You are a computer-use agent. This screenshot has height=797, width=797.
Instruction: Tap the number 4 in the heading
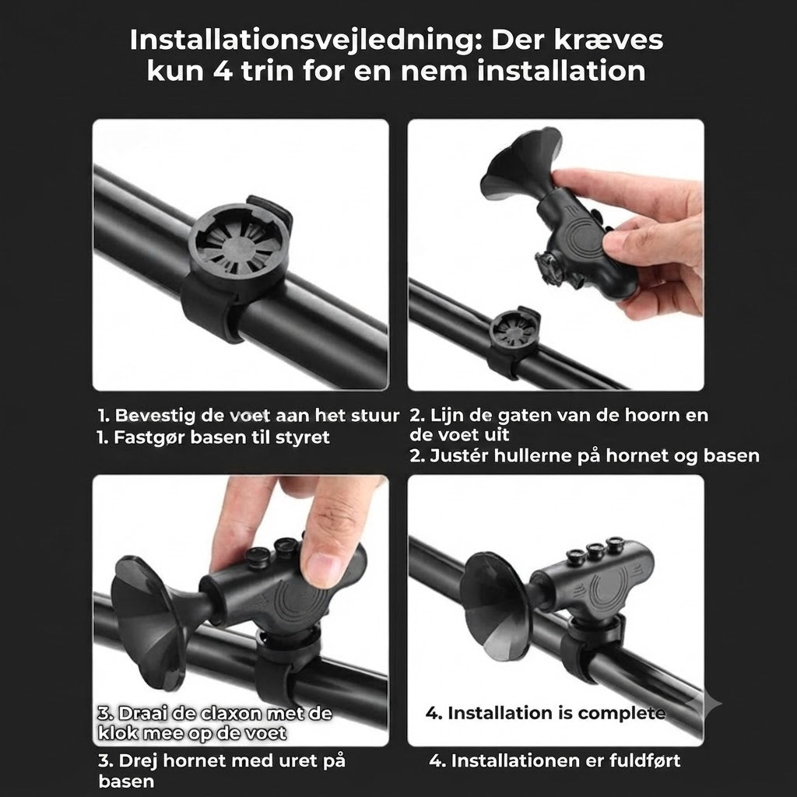223,71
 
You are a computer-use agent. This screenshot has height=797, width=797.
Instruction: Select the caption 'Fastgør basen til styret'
222,437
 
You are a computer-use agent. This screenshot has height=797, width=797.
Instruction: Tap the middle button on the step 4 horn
595,550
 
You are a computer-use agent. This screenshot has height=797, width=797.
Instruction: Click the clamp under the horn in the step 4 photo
592,645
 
